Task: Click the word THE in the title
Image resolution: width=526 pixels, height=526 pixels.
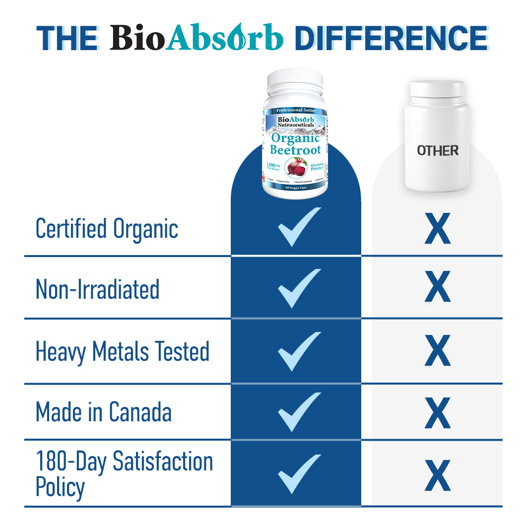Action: pos(66,38)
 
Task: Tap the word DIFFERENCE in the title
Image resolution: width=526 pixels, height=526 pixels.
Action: pos(391,38)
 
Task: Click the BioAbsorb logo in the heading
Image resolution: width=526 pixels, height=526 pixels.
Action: pos(197,38)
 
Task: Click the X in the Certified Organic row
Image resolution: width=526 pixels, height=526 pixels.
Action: pos(437,229)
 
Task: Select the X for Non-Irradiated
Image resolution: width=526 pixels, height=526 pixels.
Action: pos(437,287)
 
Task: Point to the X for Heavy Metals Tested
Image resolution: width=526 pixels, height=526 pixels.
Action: pos(437,351)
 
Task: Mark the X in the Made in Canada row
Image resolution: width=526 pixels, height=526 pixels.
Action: pos(437,412)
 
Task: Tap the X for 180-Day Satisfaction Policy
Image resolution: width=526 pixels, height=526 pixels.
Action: pos(437,475)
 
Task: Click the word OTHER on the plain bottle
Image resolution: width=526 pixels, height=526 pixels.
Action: pos(437,150)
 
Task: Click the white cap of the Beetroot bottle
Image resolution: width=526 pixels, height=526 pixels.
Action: pos(295,83)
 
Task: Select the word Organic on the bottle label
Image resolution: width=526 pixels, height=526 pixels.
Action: pos(295,138)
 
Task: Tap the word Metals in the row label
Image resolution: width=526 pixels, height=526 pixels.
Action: pos(121,351)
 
